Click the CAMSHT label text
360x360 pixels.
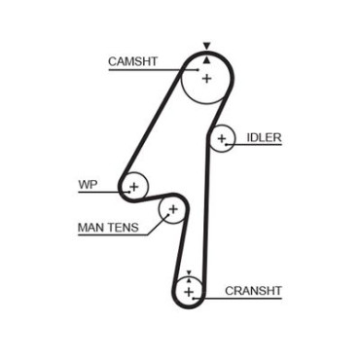click(x=132, y=61)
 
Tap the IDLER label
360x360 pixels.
click(x=264, y=137)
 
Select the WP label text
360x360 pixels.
click(x=88, y=185)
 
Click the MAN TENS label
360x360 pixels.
click(x=108, y=228)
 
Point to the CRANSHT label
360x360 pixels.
click(x=253, y=291)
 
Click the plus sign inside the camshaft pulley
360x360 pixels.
click(x=206, y=79)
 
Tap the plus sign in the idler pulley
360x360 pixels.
click(x=222, y=139)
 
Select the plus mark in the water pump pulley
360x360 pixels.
click(x=134, y=187)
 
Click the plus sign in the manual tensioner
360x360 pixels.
click(x=173, y=209)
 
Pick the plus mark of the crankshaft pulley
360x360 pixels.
click(x=189, y=292)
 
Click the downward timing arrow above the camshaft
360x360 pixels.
click(x=206, y=46)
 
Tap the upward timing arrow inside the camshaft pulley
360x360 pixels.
click(x=206, y=60)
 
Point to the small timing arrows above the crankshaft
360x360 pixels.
click(x=189, y=275)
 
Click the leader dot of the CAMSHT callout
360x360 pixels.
click(x=198, y=69)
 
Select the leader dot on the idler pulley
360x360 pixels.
click(x=226, y=144)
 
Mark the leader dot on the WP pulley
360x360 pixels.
click(x=129, y=192)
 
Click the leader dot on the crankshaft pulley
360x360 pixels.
click(x=194, y=298)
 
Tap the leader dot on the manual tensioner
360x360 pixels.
click(x=168, y=214)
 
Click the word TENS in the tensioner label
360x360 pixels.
click(x=124, y=228)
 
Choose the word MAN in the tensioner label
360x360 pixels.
click(x=91, y=228)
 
